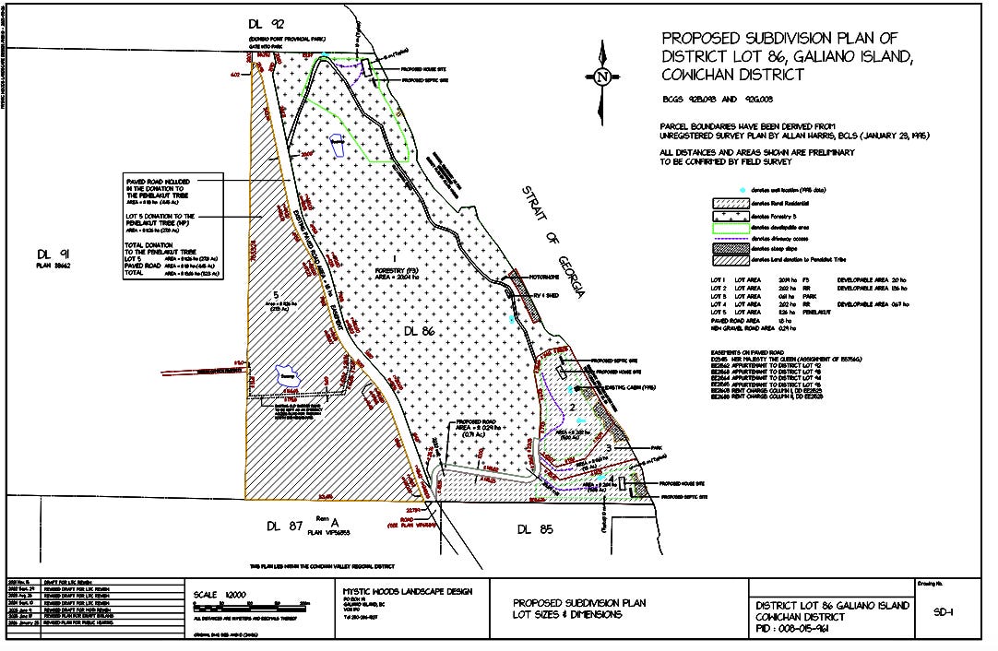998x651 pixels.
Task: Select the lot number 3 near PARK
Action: (609, 447)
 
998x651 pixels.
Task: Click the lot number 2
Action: (572, 407)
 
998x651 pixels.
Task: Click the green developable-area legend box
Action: (728, 226)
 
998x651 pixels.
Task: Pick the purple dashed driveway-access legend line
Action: (728, 237)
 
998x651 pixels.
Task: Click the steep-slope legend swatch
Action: (728, 249)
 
